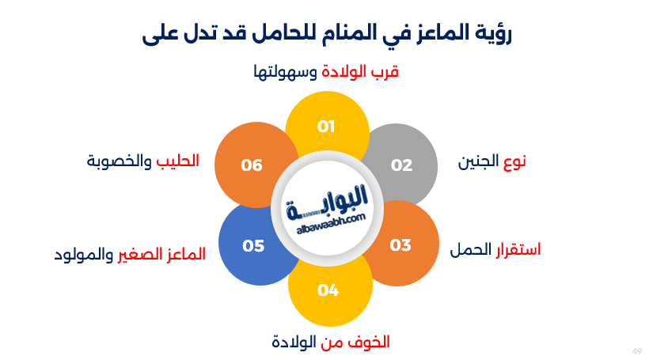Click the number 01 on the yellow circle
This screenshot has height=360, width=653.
tap(326, 126)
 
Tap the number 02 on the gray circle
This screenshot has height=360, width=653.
tap(402, 165)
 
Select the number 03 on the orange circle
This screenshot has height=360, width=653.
tap(401, 245)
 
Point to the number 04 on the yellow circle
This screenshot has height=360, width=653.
tap(328, 290)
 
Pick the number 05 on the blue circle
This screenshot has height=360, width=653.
tap(253, 246)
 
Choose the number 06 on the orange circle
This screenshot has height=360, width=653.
tap(251, 165)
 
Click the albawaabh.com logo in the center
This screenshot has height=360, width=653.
tap(326, 207)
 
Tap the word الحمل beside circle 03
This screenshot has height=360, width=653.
tap(468, 251)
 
